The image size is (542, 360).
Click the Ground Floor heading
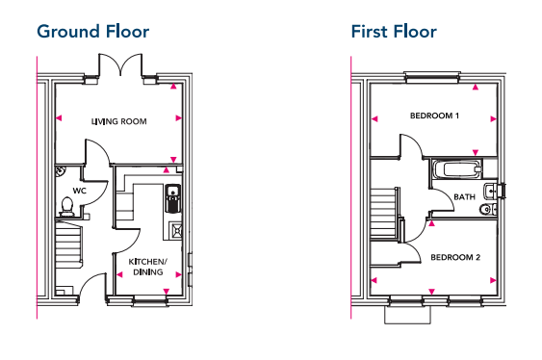92,32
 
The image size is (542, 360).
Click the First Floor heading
394,32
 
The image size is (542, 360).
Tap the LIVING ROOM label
118,121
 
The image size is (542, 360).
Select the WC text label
80,191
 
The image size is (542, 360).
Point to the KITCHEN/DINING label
147,267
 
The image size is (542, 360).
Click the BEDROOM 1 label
434,116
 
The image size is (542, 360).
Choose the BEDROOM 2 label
453,257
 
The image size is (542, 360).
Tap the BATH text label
465,197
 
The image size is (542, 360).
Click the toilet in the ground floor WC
66,205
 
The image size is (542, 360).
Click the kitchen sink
172,198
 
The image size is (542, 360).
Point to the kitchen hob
176,230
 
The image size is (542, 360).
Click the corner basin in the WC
60,171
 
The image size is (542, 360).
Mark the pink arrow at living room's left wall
60,120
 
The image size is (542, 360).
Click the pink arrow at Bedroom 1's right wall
493,119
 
